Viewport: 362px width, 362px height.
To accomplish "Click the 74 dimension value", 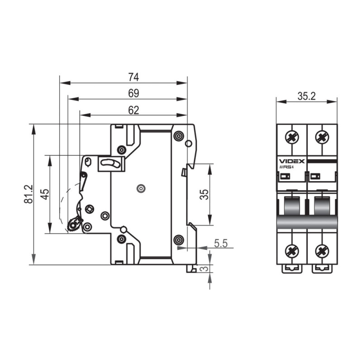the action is [133, 77].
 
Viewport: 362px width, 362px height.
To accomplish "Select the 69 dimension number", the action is [133, 94].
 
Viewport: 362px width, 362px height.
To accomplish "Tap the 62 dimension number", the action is [133, 110].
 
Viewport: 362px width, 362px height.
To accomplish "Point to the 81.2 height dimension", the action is [29, 194].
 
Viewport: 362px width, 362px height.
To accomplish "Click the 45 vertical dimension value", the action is [45, 195].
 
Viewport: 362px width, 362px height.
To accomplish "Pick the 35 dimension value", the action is [205, 195].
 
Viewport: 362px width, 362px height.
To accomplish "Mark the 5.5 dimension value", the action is [221, 243].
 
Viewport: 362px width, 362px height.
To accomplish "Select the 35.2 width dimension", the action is [307, 96].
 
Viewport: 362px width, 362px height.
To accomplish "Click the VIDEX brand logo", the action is [292, 161].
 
